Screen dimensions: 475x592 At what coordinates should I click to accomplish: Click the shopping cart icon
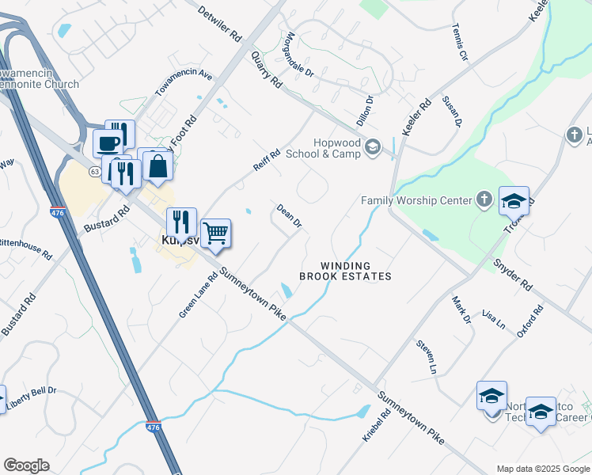point(215,234)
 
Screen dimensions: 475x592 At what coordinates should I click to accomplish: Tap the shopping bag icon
point(158,165)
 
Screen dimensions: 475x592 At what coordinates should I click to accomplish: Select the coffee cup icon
point(108,143)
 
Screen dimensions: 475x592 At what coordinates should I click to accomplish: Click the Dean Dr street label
point(289,216)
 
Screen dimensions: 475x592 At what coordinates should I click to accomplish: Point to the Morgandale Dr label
point(300,55)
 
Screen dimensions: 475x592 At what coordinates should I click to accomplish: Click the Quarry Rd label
point(265,70)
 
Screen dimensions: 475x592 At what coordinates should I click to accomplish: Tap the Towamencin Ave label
point(184,82)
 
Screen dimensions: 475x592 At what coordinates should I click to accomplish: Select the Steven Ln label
point(427,357)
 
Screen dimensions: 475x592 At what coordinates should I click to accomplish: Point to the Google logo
point(26,465)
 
